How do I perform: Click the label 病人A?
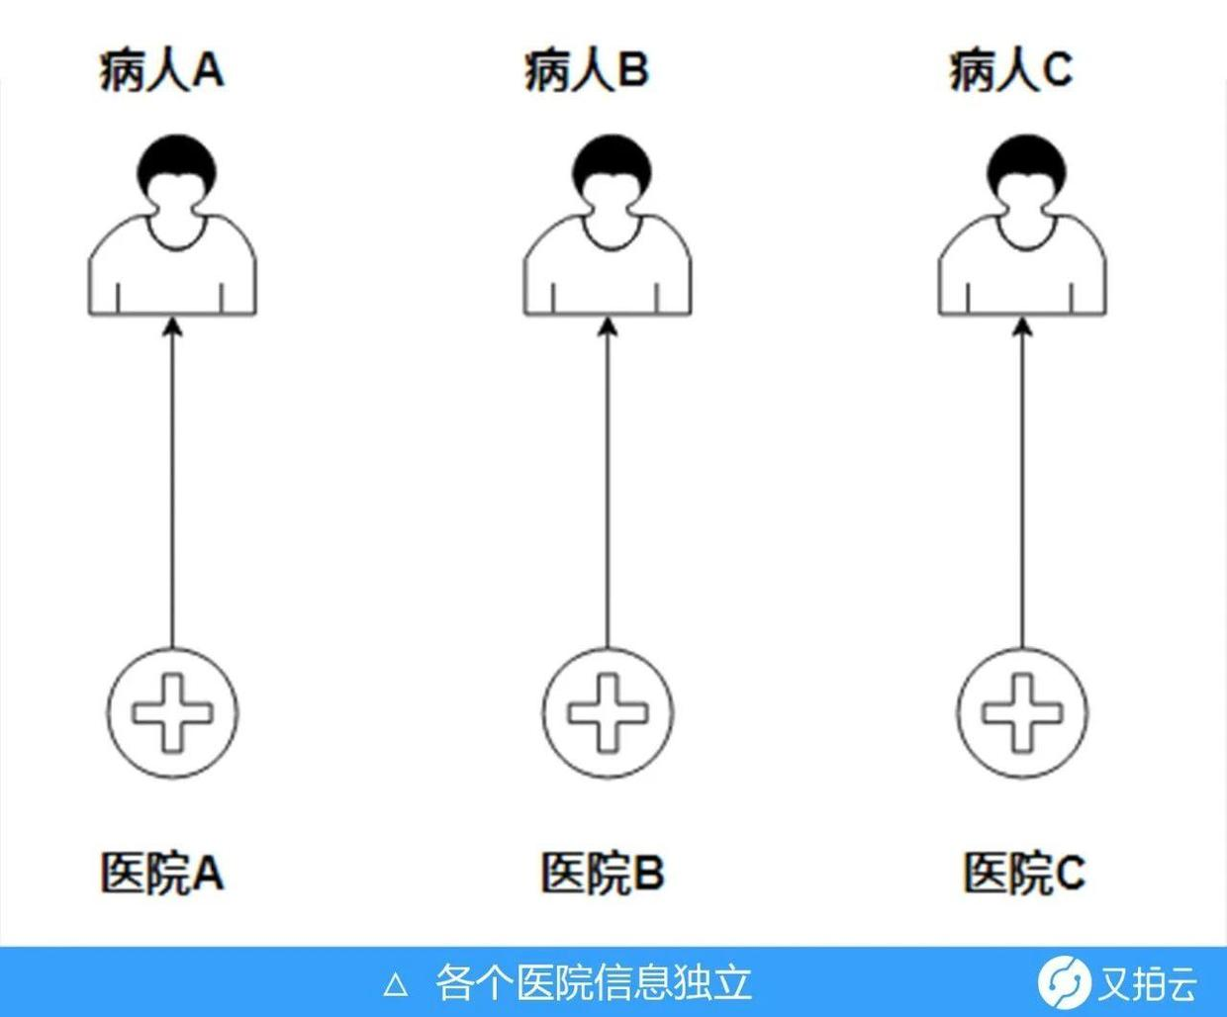click(161, 71)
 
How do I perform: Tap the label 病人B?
click(586, 71)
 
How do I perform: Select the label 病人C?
click(1010, 71)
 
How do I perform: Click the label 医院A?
click(161, 873)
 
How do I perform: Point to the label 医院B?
click(602, 873)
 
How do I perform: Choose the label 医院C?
click(1024, 873)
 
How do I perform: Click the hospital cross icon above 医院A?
click(173, 712)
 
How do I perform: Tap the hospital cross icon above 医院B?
click(608, 712)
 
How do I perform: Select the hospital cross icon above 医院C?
click(1022, 712)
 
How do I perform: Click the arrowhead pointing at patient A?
click(173, 326)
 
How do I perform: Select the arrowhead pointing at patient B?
click(608, 326)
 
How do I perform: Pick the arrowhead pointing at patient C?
click(1023, 326)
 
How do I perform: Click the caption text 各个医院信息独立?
click(594, 983)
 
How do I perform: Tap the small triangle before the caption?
click(396, 984)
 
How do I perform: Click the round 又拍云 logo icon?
click(1064, 982)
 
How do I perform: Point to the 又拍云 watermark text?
click(1148, 983)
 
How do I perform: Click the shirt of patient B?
click(608, 272)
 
